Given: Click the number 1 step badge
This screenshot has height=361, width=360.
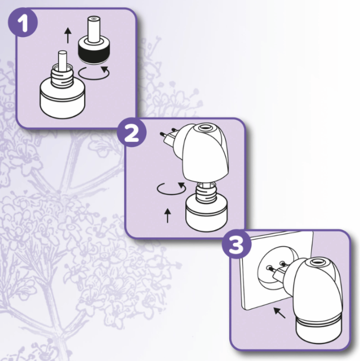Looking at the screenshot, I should coord(22,23).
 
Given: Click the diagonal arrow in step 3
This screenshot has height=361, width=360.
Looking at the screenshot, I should coord(279,312).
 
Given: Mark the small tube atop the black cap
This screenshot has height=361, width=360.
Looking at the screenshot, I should coord(93,28).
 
